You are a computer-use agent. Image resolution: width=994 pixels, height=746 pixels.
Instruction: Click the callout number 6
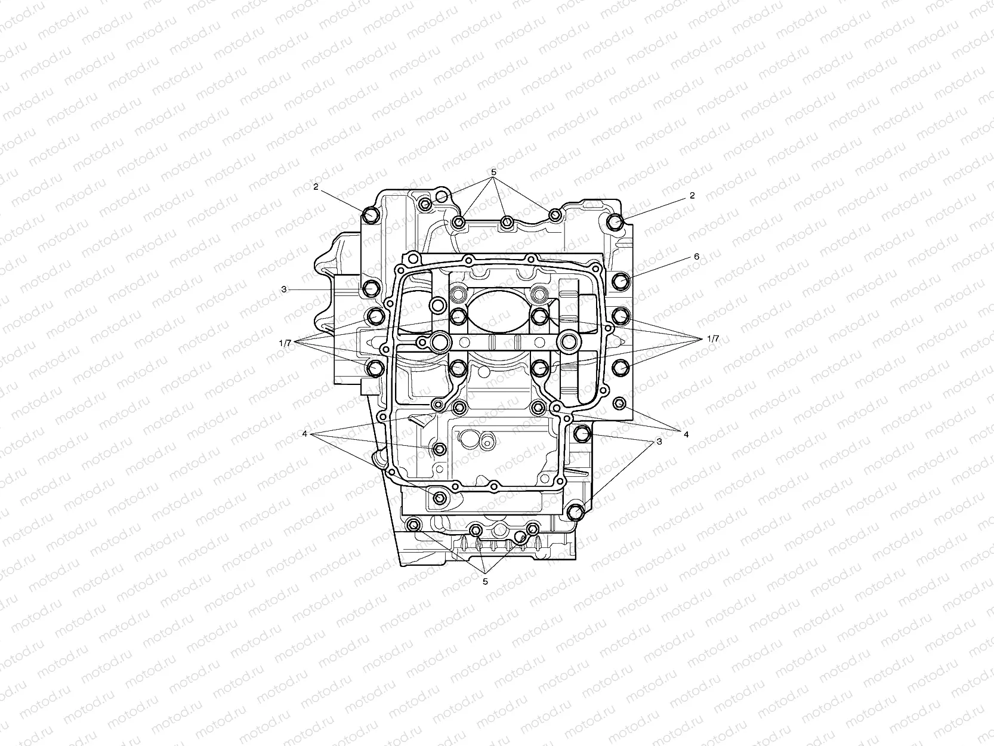pos(696,257)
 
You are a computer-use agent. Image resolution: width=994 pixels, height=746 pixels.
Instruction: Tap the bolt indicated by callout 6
pos(621,280)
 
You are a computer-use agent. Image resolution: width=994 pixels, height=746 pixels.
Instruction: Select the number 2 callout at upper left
pos(316,187)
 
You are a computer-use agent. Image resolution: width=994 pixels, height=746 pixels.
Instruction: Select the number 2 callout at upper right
pos(692,195)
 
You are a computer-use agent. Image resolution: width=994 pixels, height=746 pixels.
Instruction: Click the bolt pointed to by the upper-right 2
pos(615,223)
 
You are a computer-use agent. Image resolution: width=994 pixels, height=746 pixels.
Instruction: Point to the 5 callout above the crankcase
pos(493,172)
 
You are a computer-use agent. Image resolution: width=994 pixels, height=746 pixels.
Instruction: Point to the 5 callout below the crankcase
pos(485,581)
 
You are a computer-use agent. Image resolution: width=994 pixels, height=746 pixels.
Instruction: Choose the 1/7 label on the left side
pos(285,343)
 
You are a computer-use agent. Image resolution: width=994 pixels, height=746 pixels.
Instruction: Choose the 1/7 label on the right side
pos(712,338)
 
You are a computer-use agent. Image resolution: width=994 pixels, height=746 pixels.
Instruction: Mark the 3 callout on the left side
pos(284,289)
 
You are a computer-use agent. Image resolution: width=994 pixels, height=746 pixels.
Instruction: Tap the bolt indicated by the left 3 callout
pos(372,288)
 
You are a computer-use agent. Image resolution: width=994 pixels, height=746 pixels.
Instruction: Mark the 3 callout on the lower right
pos(659,442)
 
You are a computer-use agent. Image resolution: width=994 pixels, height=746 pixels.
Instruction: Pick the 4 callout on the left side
pos(304,434)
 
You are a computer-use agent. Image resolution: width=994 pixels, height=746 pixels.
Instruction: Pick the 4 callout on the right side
pos(686,434)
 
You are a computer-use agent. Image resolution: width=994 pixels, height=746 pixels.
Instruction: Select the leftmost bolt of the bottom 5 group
pos(413,525)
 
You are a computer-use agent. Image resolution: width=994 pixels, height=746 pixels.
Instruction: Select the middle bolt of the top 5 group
pos(506,223)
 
